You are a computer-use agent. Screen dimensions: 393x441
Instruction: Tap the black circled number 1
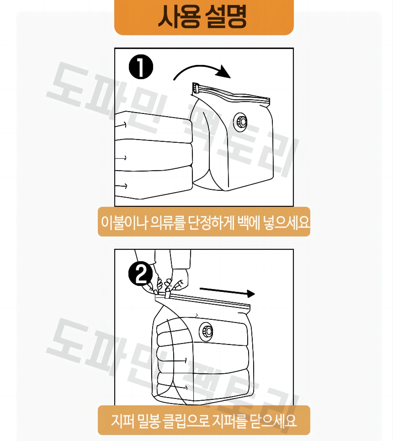141,67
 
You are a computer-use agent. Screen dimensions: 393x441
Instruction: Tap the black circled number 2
140,274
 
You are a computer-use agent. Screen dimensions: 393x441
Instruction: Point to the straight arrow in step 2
227,292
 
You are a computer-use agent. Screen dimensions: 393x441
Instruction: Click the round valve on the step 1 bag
240,122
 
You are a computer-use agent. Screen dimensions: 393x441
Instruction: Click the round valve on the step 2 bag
206,331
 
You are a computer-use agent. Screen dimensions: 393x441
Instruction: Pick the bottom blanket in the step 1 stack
154,182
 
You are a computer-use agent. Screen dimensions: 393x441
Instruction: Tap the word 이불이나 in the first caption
124,222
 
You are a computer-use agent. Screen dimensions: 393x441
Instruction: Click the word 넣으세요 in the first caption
286,222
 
